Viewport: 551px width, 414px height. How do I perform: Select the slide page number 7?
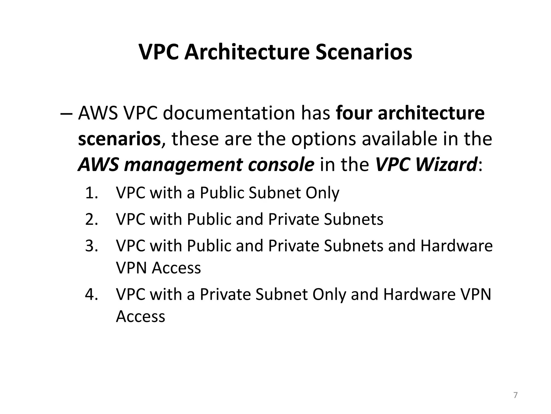point(515,395)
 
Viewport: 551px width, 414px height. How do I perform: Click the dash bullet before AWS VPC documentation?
point(66,113)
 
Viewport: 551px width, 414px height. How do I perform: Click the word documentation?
point(229,113)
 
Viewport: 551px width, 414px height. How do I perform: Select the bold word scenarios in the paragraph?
point(119,139)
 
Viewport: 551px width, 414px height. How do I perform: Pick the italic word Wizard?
point(446,165)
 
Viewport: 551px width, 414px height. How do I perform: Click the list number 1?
point(91,193)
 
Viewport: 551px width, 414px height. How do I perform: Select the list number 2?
point(91,219)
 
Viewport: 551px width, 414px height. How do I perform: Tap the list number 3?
point(91,246)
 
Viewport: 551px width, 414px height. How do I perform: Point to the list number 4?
point(91,294)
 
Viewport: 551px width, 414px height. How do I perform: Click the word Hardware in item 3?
point(456,246)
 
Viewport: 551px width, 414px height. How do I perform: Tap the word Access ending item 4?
point(140,316)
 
